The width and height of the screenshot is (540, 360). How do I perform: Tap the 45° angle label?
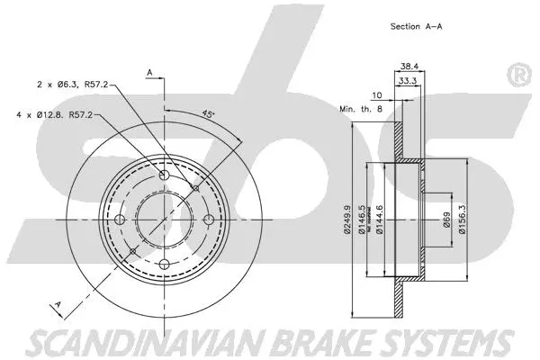pyautogui.click(x=207, y=114)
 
